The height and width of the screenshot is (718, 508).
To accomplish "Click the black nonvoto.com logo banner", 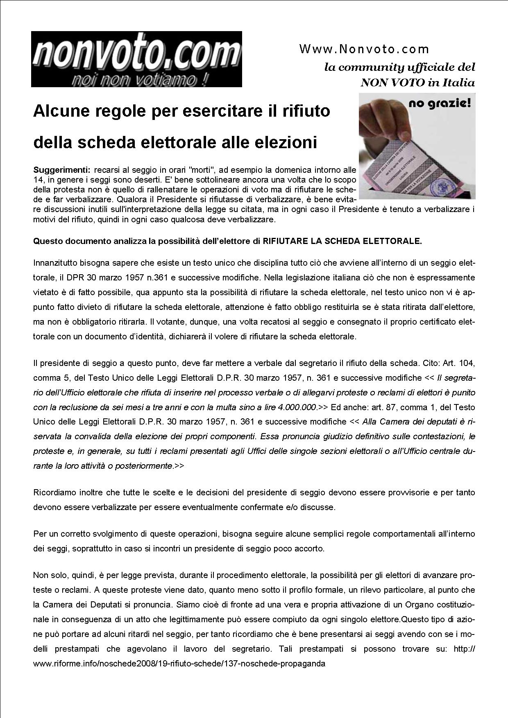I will pos(136,59).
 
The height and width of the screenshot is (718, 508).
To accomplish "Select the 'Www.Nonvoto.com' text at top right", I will pos(364,50).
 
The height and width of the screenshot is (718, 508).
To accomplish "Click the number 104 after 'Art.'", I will pos(466,363).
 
